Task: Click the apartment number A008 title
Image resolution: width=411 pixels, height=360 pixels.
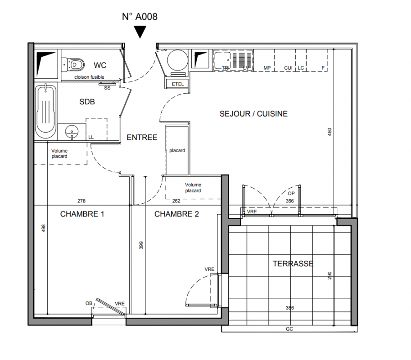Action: [x=140, y=17]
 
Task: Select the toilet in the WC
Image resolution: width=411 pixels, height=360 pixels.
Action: [x=73, y=64]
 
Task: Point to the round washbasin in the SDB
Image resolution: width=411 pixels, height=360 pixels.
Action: [x=72, y=131]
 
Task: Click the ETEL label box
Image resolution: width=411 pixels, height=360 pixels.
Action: [x=178, y=84]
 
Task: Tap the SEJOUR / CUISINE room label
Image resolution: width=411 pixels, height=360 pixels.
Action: [x=253, y=114]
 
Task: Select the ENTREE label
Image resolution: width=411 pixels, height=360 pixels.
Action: [x=142, y=137]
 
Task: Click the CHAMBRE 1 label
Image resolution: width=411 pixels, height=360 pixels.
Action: [x=82, y=214]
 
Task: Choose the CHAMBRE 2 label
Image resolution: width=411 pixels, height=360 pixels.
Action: [x=176, y=214]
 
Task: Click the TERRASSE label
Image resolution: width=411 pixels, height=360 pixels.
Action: [x=293, y=264]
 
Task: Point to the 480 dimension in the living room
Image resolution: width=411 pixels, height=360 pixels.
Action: [x=330, y=131]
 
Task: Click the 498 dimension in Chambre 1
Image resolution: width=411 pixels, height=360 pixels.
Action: [x=44, y=228]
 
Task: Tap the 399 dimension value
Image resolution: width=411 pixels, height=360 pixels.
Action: [x=141, y=245]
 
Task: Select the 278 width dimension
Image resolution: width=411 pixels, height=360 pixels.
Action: [x=81, y=201]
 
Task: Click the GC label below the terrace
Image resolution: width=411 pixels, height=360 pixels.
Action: [x=289, y=329]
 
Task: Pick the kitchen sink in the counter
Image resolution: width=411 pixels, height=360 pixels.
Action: [x=232, y=61]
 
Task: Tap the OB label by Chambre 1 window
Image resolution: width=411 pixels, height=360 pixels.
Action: [x=89, y=303]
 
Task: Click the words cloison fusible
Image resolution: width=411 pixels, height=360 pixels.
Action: [x=89, y=77]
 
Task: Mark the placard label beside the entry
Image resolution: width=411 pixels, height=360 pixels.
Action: [x=177, y=150]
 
